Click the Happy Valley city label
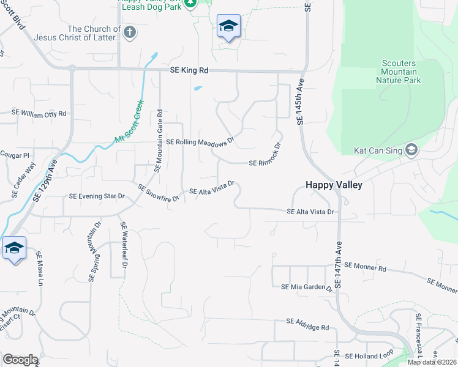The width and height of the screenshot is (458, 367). (x=334, y=185)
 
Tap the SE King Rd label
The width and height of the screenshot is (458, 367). (x=189, y=71)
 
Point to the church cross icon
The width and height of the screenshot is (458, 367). (x=130, y=32)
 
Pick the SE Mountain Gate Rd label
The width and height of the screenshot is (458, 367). (x=159, y=140)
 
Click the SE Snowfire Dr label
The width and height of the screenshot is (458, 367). (x=158, y=193)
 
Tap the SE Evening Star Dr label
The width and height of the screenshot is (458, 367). (x=97, y=196)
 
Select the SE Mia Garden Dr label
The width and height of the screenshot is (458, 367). (x=306, y=287)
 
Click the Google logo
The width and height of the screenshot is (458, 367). (x=20, y=359)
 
